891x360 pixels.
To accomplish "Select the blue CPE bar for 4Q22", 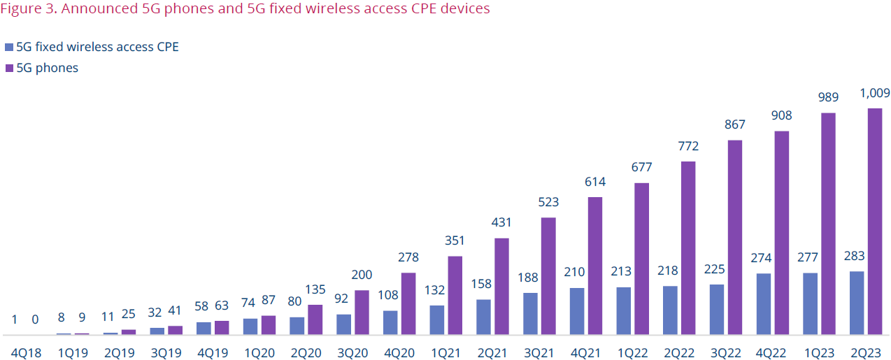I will point(763,303).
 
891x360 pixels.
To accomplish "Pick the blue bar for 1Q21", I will point(436,319).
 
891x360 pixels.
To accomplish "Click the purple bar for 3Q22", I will point(735,237).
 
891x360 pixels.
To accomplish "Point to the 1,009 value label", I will point(874,93).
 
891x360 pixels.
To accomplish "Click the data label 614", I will point(595,182).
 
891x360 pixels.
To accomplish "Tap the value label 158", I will point(483,285).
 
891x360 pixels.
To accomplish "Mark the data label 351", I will point(455,241).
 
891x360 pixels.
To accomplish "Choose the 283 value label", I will point(856,256).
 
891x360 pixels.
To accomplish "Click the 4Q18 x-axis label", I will point(27,353).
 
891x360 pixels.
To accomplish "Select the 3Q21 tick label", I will point(539,353).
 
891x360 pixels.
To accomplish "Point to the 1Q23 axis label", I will point(819,353).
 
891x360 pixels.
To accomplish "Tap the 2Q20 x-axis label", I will point(306,353).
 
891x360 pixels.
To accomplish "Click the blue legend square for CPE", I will point(9,48).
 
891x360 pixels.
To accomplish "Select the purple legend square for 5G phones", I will point(9,69).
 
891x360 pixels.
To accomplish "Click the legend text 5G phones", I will point(47,69).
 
